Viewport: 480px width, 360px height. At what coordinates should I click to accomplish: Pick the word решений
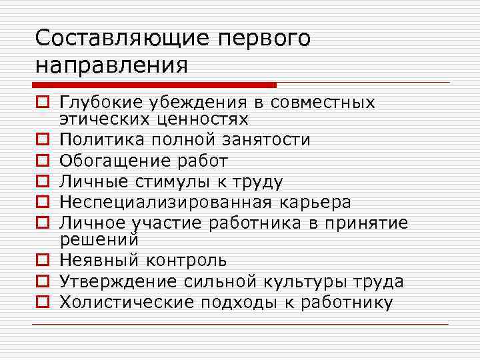pos(99,239)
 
